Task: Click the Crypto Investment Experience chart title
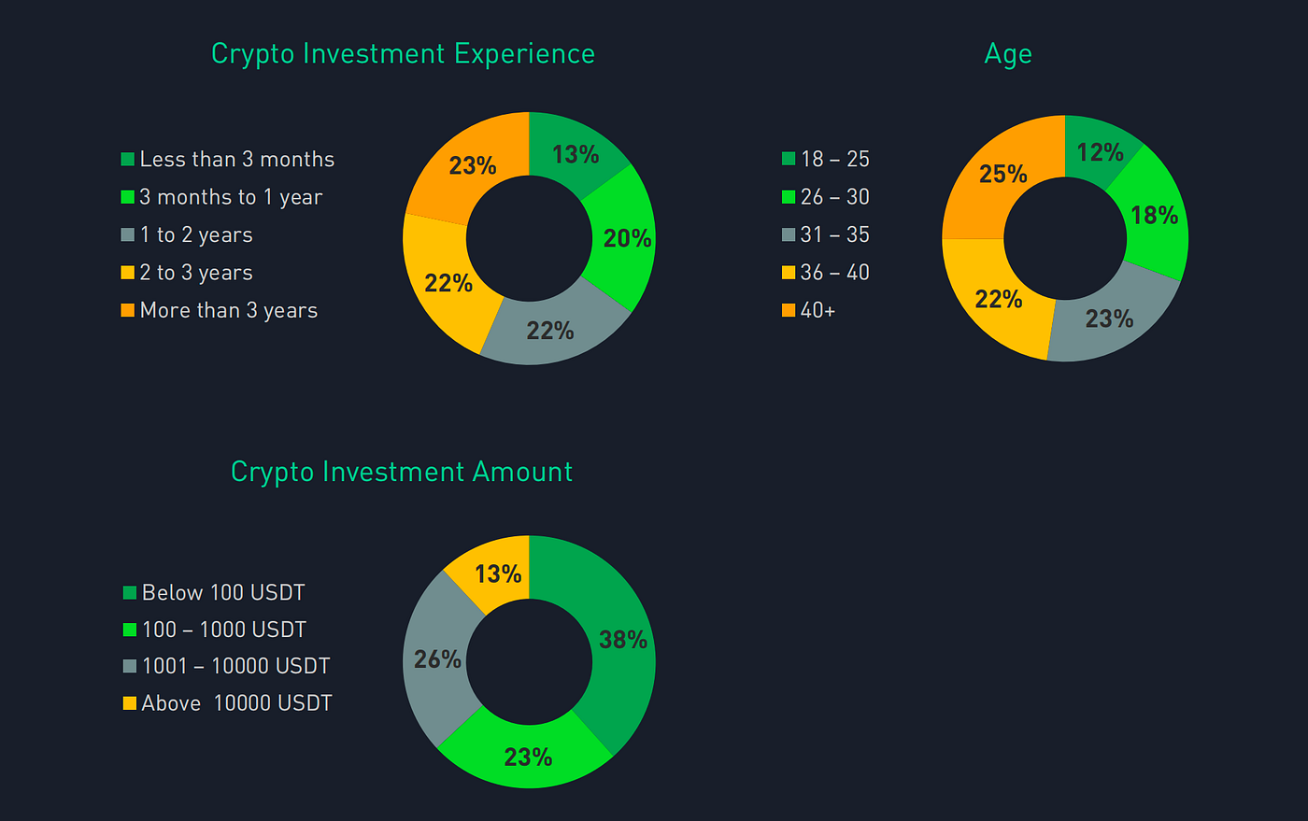pyautogui.click(x=403, y=54)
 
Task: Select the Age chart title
pyautogui.click(x=1008, y=54)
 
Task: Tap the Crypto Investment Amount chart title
pyautogui.click(x=402, y=472)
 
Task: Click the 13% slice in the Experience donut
pyautogui.click(x=575, y=154)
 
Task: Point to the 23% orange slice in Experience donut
pyautogui.click(x=472, y=166)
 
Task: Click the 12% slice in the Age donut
pyautogui.click(x=1099, y=152)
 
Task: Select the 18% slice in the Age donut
pyautogui.click(x=1153, y=216)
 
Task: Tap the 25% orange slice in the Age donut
pyautogui.click(x=1002, y=175)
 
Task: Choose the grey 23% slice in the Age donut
pyautogui.click(x=1109, y=318)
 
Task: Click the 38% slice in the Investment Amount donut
pyautogui.click(x=622, y=640)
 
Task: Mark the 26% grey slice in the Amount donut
pyautogui.click(x=437, y=659)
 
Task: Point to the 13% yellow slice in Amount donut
pyautogui.click(x=497, y=573)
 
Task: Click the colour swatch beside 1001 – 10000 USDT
pyautogui.click(x=130, y=667)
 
